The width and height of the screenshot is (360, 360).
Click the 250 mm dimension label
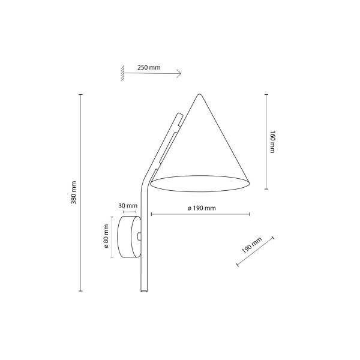tap(149, 67)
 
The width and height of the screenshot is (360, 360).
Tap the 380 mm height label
tap(73, 191)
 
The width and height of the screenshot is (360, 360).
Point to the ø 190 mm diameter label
tap(201, 208)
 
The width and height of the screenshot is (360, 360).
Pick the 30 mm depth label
tap(128, 206)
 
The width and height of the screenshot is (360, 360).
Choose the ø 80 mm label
tap(106, 237)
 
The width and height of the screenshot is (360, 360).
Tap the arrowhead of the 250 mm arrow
tap(180, 74)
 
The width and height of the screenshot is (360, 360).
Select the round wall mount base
tap(129, 237)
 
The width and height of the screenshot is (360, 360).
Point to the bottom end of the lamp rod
tap(144, 293)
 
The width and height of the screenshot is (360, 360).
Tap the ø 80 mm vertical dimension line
tap(112, 237)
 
